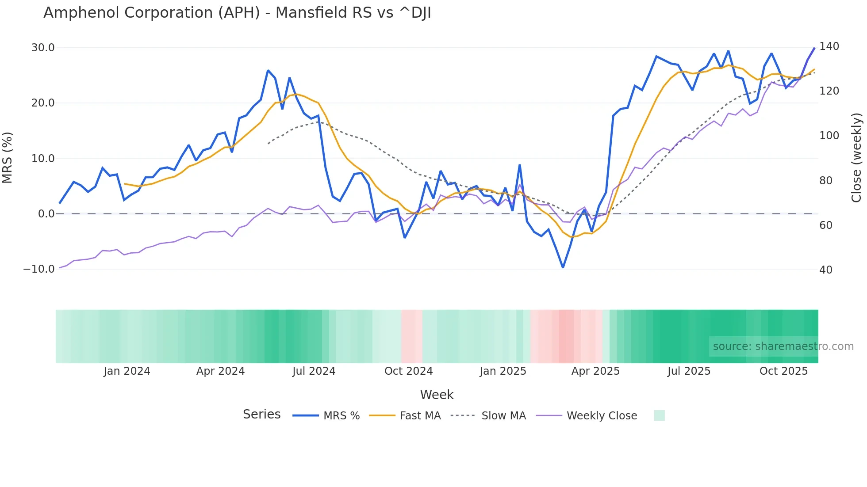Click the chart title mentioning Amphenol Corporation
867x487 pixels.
pos(237,13)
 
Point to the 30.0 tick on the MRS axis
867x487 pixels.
pos(43,48)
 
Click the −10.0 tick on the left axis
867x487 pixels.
pos(39,269)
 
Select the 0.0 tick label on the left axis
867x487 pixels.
pos(46,214)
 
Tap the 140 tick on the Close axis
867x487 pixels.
pos(829,46)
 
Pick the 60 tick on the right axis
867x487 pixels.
pos(825,225)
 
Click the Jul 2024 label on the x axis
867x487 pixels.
pos(314,371)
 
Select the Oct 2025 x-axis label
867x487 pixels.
pos(783,371)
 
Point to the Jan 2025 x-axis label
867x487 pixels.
pos(503,371)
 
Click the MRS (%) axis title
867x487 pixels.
pos(8,158)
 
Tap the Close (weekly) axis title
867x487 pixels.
pos(857,158)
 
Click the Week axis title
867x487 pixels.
pos(437,395)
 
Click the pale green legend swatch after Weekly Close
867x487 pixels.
pos(659,416)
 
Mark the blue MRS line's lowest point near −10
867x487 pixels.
pos(563,267)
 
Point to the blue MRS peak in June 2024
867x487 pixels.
pos(268,70)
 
